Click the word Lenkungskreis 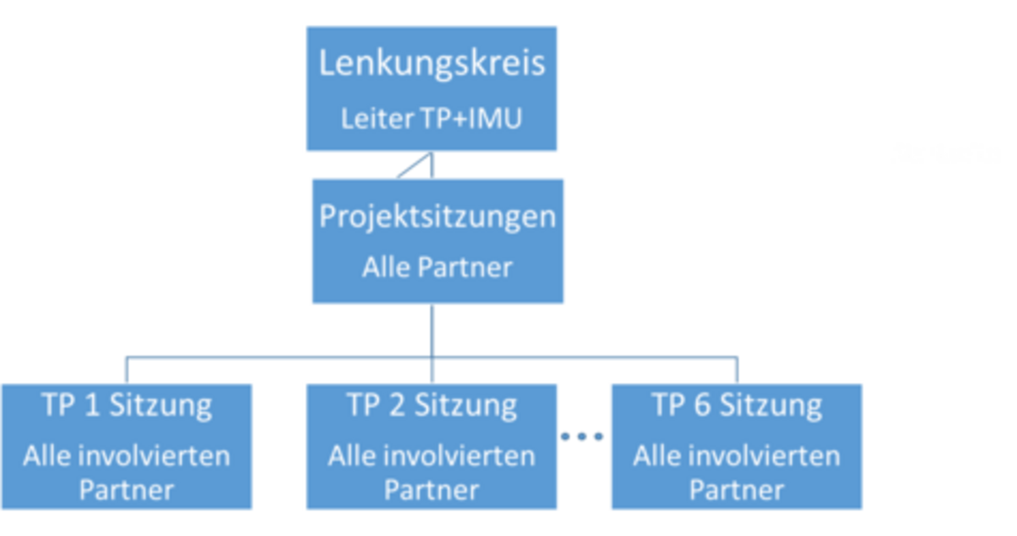click(432, 64)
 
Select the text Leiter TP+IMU click(432, 119)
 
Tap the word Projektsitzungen click(437, 216)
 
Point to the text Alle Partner click(437, 268)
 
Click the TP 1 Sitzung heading click(127, 405)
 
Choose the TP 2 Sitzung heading click(432, 405)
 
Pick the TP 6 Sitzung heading click(737, 405)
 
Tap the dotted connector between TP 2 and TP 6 click(583, 437)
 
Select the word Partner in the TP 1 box click(126, 490)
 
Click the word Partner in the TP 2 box click(432, 490)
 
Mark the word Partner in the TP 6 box click(737, 490)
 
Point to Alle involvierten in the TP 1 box click(126, 455)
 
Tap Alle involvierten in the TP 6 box click(737, 455)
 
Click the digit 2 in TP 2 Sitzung click(398, 405)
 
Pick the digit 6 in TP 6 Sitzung click(703, 405)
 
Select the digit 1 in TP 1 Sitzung click(93, 405)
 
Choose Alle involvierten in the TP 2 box click(432, 455)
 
